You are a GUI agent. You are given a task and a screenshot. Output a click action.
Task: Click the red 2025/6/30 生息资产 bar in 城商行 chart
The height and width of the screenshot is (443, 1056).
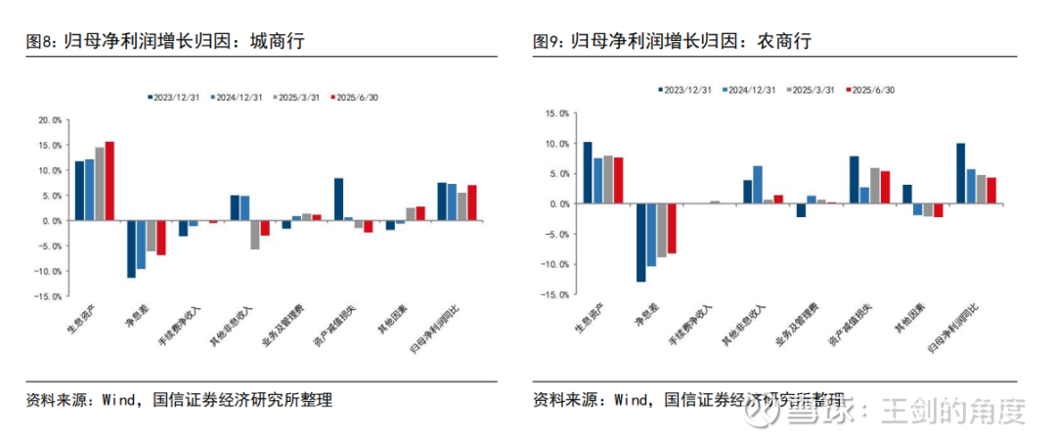tap(110, 181)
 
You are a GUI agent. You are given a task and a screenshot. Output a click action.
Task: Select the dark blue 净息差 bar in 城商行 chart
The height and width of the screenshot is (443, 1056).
tap(131, 249)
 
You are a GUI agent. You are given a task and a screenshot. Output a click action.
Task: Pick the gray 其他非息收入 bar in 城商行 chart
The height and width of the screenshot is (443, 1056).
tap(255, 235)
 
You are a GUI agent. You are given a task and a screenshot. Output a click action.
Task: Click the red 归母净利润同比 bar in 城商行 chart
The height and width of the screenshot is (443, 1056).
tap(472, 202)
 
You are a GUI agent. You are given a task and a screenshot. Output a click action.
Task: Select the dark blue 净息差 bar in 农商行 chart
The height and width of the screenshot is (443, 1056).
tap(640, 243)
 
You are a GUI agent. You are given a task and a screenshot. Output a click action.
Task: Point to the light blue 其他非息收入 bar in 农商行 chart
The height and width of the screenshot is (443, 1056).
tap(757, 185)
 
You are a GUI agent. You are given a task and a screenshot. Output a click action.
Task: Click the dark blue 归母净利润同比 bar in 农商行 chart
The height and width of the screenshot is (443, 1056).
tap(960, 174)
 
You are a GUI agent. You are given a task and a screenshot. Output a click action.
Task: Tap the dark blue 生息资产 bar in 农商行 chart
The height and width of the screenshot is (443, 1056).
tap(588, 173)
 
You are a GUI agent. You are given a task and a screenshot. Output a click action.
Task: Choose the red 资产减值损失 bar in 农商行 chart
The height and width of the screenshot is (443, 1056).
tap(885, 188)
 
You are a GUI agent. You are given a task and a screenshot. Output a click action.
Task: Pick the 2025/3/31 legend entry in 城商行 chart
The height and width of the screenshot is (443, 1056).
tap(297, 98)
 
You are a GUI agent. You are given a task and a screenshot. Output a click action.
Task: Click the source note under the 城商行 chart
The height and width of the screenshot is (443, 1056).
tap(180, 400)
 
